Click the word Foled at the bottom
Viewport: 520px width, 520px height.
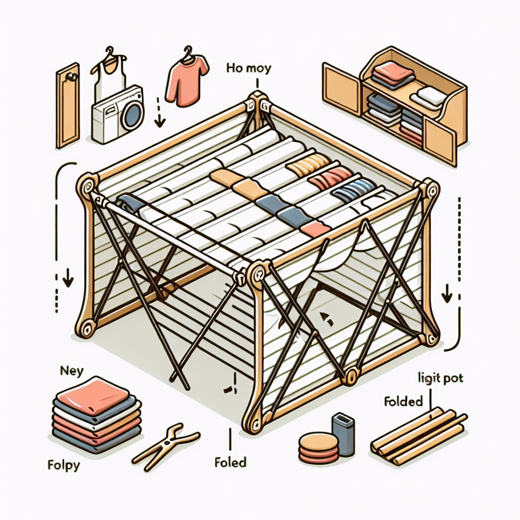[230, 462]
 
